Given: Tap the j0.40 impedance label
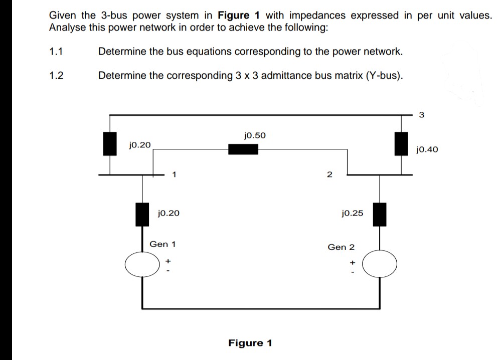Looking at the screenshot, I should pyautogui.click(x=427, y=149).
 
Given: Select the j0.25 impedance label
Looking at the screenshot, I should pyautogui.click(x=352, y=213).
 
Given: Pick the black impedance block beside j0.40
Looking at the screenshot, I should pyautogui.click(x=400, y=143).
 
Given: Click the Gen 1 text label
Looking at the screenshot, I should pyautogui.click(x=162, y=244).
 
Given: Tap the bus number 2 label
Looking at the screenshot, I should pyautogui.click(x=329, y=174).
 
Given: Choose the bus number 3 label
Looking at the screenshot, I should pyautogui.click(x=421, y=115).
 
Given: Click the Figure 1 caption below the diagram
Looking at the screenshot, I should pyautogui.click(x=250, y=343).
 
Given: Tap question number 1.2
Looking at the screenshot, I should pyautogui.click(x=56, y=76).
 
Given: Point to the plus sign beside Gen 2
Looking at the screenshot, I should pyautogui.click(x=353, y=262).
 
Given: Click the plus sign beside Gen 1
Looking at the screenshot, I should pyautogui.click(x=169, y=261).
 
